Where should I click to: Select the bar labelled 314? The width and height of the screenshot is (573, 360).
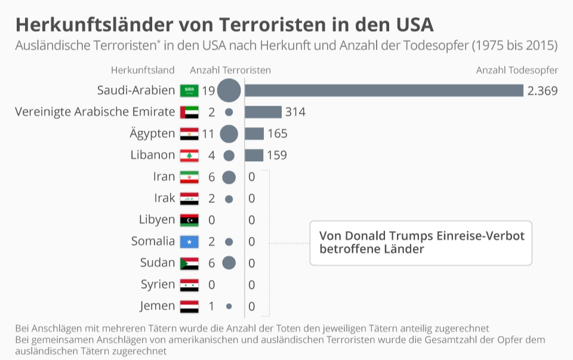tap(263, 112)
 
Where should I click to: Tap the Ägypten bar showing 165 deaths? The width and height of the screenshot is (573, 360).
tap(254, 134)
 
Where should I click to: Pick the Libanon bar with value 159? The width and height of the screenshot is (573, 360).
tap(254, 155)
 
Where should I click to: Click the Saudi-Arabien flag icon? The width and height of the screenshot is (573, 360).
tap(189, 91)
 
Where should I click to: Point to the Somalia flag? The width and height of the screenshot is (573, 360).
tap(189, 242)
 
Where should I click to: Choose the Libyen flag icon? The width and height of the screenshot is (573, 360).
tap(189, 220)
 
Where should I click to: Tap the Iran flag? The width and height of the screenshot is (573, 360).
tap(189, 177)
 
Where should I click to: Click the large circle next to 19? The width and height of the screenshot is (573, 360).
tap(229, 91)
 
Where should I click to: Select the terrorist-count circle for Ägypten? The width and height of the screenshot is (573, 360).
tap(229, 134)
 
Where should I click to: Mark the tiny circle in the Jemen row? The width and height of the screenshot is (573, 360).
tap(229, 306)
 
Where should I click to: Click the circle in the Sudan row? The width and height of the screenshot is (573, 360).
tap(229, 263)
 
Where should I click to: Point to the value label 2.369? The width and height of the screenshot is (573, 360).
tap(542, 91)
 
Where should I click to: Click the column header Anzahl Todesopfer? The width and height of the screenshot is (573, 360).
tap(517, 70)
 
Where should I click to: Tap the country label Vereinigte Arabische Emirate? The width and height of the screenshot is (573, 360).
tap(95, 112)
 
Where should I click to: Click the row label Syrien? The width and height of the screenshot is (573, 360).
tap(158, 285)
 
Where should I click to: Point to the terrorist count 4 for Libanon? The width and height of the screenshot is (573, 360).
tap(211, 155)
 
